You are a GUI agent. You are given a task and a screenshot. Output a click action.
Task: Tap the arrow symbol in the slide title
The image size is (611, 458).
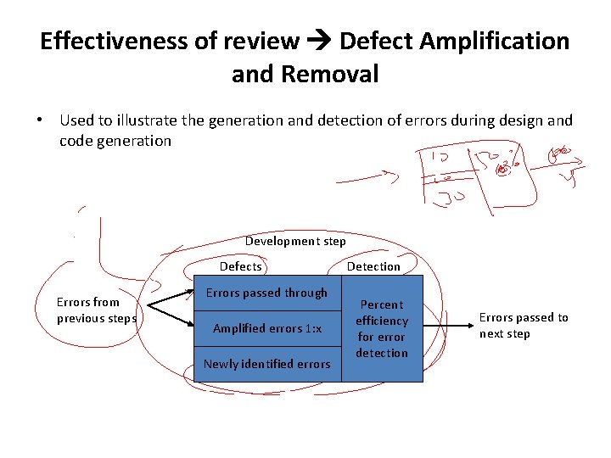319,41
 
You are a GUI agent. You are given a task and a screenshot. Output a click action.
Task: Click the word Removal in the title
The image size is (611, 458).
329,75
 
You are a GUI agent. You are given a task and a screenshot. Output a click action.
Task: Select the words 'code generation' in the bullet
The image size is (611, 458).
115,141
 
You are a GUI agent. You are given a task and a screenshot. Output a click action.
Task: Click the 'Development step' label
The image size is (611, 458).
295,241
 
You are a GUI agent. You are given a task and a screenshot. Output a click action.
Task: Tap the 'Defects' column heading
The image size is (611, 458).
241,266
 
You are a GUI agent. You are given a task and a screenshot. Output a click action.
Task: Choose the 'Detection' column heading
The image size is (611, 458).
373,266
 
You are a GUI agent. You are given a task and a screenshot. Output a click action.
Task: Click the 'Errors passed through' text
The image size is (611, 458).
266,293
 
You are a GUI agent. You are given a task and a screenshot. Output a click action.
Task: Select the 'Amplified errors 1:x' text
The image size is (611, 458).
266,328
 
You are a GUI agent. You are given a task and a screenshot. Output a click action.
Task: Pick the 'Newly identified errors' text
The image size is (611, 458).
266,364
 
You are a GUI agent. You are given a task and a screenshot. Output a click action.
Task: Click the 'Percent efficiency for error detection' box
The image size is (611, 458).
382,328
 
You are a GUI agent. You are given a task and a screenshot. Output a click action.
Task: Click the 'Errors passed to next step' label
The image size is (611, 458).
524,325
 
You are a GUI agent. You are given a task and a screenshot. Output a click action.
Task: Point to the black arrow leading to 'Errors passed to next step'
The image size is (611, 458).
446,326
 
